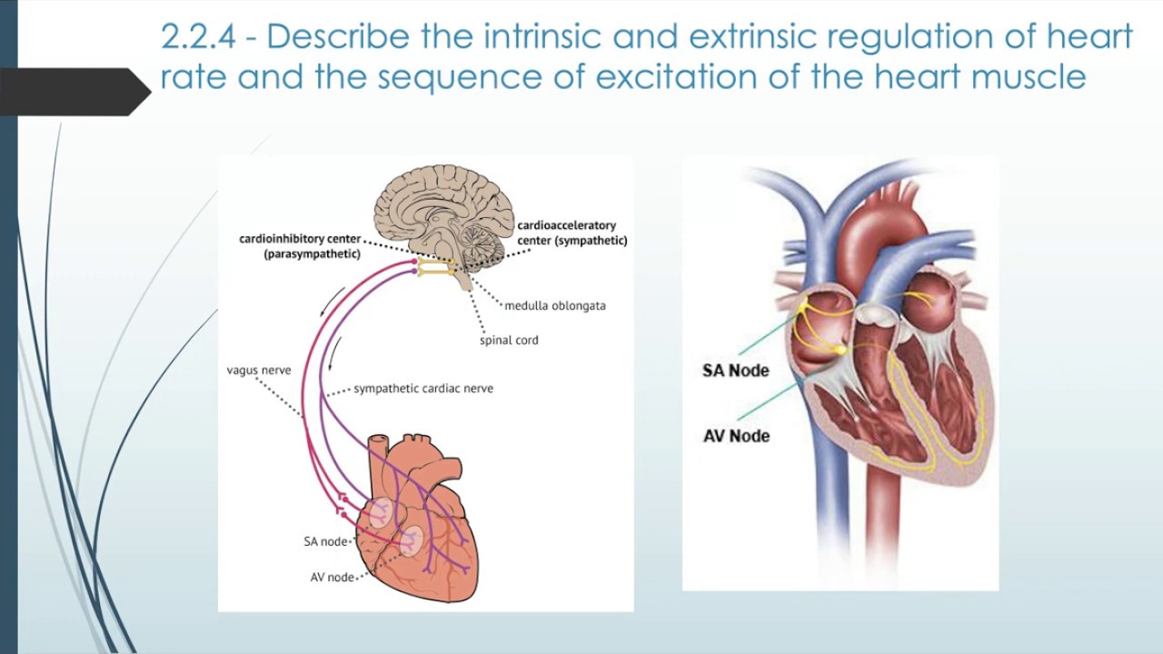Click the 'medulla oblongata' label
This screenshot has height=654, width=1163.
click(554, 305)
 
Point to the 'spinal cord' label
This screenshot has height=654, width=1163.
click(509, 341)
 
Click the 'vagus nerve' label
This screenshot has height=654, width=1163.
click(259, 371)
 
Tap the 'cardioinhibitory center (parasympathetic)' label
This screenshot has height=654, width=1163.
click(300, 246)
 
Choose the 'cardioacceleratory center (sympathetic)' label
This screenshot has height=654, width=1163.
click(572, 233)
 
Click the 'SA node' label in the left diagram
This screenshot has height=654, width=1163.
click(325, 541)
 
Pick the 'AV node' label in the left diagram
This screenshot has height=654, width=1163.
click(331, 577)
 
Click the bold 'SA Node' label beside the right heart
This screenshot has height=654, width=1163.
click(735, 371)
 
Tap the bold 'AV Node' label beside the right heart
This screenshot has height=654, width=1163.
click(736, 436)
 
